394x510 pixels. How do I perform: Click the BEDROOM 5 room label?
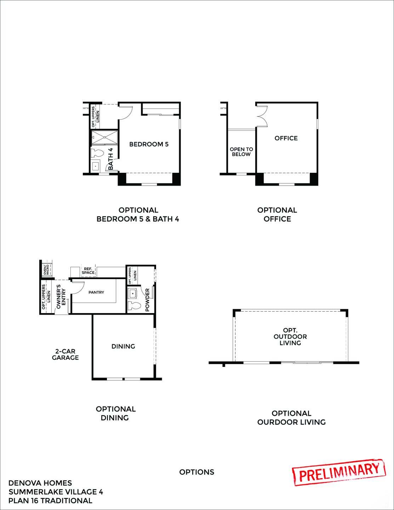point(149,144)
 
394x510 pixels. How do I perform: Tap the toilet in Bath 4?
point(97,153)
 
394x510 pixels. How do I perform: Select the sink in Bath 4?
point(96,166)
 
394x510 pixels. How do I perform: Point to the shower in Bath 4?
point(105,137)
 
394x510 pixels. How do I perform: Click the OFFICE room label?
point(286,138)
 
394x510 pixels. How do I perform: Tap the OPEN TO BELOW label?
point(241,152)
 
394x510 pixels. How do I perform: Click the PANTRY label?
point(96,292)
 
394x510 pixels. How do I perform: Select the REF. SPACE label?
point(88,271)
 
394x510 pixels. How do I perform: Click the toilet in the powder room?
point(134,306)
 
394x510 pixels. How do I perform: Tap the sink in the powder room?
point(133,294)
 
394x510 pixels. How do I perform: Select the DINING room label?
point(123,346)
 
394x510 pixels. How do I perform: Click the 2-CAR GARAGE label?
point(65,355)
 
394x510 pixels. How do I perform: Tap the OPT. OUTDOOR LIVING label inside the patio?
point(290,336)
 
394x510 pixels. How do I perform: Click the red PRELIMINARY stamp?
point(339,472)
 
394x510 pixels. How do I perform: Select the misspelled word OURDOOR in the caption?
point(275,422)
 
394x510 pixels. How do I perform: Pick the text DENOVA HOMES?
point(40,483)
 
